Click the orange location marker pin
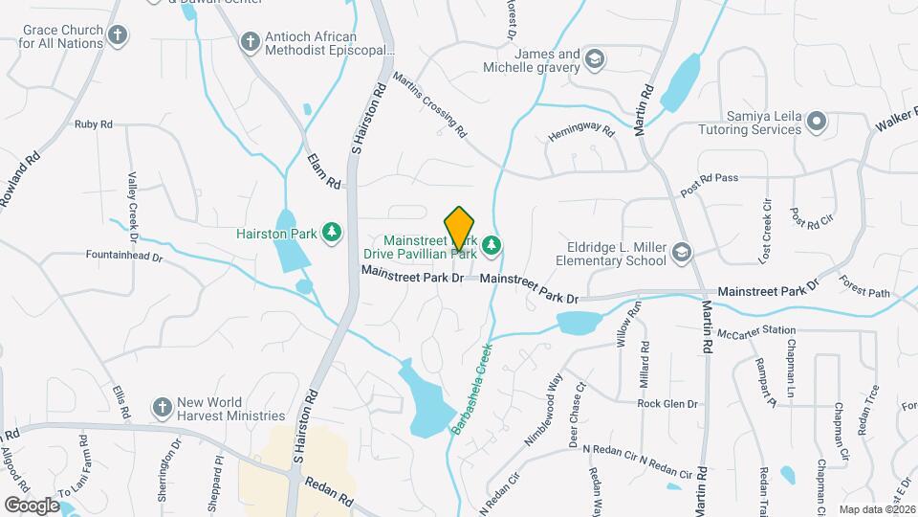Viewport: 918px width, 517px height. [x=460, y=228]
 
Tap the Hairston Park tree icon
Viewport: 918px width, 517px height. [x=332, y=233]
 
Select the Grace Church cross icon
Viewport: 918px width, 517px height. [x=118, y=37]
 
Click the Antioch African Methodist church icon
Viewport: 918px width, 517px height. [x=250, y=42]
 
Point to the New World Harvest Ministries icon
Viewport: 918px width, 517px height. [x=161, y=407]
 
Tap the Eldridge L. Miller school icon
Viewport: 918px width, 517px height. [x=681, y=253]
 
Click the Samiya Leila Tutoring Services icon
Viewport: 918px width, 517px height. [x=816, y=122]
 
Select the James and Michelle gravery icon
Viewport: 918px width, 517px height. [x=596, y=60]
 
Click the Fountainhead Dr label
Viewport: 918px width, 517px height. [x=124, y=258]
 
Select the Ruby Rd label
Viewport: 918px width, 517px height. [x=94, y=124]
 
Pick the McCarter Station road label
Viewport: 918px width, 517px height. [x=757, y=331]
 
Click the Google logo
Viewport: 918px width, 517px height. [x=32, y=505]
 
